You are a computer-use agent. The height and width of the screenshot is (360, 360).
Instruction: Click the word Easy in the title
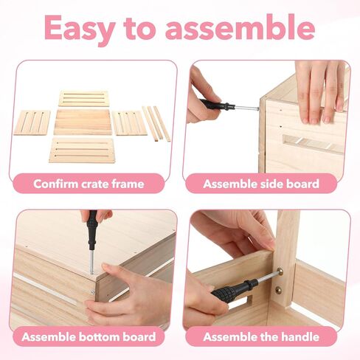click(x=80, y=29)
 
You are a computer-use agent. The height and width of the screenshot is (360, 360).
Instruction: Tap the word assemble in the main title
click(x=240, y=27)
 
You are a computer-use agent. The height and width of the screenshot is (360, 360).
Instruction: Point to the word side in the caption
click(x=264, y=184)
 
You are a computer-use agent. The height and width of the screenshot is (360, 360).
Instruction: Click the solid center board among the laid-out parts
click(x=83, y=122)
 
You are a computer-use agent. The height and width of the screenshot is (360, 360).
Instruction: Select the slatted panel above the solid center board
click(x=83, y=98)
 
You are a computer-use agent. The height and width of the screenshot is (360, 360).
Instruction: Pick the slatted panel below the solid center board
click(x=82, y=150)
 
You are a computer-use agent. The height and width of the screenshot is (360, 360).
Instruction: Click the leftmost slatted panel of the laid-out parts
click(x=32, y=122)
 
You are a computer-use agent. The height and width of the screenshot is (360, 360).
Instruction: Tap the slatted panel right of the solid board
click(x=129, y=123)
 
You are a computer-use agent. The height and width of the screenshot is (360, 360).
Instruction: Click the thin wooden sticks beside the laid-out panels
click(x=156, y=124)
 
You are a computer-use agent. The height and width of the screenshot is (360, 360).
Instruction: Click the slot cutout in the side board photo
click(x=313, y=143)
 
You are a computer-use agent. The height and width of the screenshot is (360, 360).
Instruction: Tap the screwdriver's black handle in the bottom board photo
click(x=92, y=229)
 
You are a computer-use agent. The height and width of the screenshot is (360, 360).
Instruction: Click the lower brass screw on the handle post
click(x=279, y=290)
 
